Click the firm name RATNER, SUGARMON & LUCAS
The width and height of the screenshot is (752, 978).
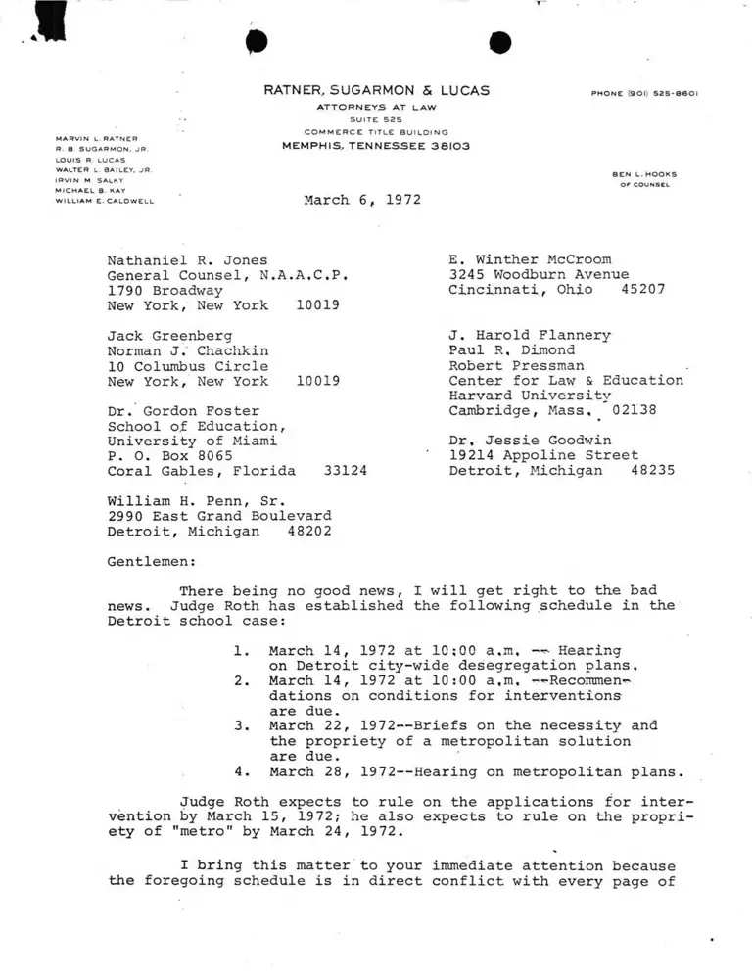[x=377, y=91]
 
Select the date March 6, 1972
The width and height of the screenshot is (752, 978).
[x=362, y=199]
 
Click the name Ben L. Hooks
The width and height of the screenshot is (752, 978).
[x=644, y=174]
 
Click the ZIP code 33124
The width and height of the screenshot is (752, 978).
[x=345, y=471]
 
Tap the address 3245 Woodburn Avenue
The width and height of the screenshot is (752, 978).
[x=539, y=275]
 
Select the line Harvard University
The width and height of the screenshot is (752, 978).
[x=530, y=396]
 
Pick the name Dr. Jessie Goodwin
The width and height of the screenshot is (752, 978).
[x=530, y=440]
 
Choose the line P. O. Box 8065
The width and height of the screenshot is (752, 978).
[x=169, y=455]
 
